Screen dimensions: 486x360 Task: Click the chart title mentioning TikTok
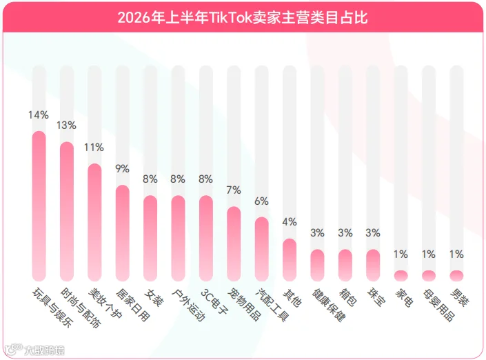pos(243,18)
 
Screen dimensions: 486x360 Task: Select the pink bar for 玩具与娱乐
pos(39,206)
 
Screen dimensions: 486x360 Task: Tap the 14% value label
pos(39,115)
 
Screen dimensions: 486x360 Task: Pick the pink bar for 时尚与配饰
pos(67,212)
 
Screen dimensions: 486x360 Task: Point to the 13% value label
pos(66,126)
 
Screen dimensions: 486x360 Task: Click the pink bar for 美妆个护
pos(95,222)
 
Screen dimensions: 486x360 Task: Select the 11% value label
pos(94,148)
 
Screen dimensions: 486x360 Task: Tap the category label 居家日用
pos(132,305)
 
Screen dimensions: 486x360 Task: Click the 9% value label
pos(123,169)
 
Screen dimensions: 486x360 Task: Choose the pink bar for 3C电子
pos(206,238)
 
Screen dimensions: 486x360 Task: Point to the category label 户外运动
pos(188,305)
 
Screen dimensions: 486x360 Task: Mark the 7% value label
pos(234,190)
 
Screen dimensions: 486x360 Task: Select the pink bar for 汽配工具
pos(262,249)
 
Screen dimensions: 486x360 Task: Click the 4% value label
pos(290,222)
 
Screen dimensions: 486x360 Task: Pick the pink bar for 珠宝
pos(373,265)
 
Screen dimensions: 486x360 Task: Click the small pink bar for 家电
pos(401,276)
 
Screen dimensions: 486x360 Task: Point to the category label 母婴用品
pos(439,305)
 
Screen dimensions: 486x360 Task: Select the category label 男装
pos(459,298)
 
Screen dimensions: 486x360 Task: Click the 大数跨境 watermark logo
pos(34,350)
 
